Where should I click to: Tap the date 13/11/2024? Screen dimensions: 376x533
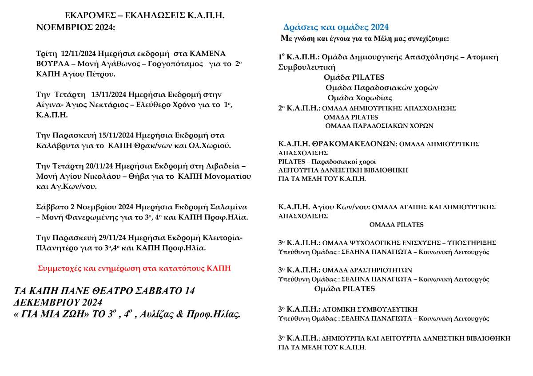[108, 95]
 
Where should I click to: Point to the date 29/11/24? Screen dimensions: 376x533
[99, 237]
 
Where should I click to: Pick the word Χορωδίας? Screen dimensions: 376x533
[374, 98]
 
